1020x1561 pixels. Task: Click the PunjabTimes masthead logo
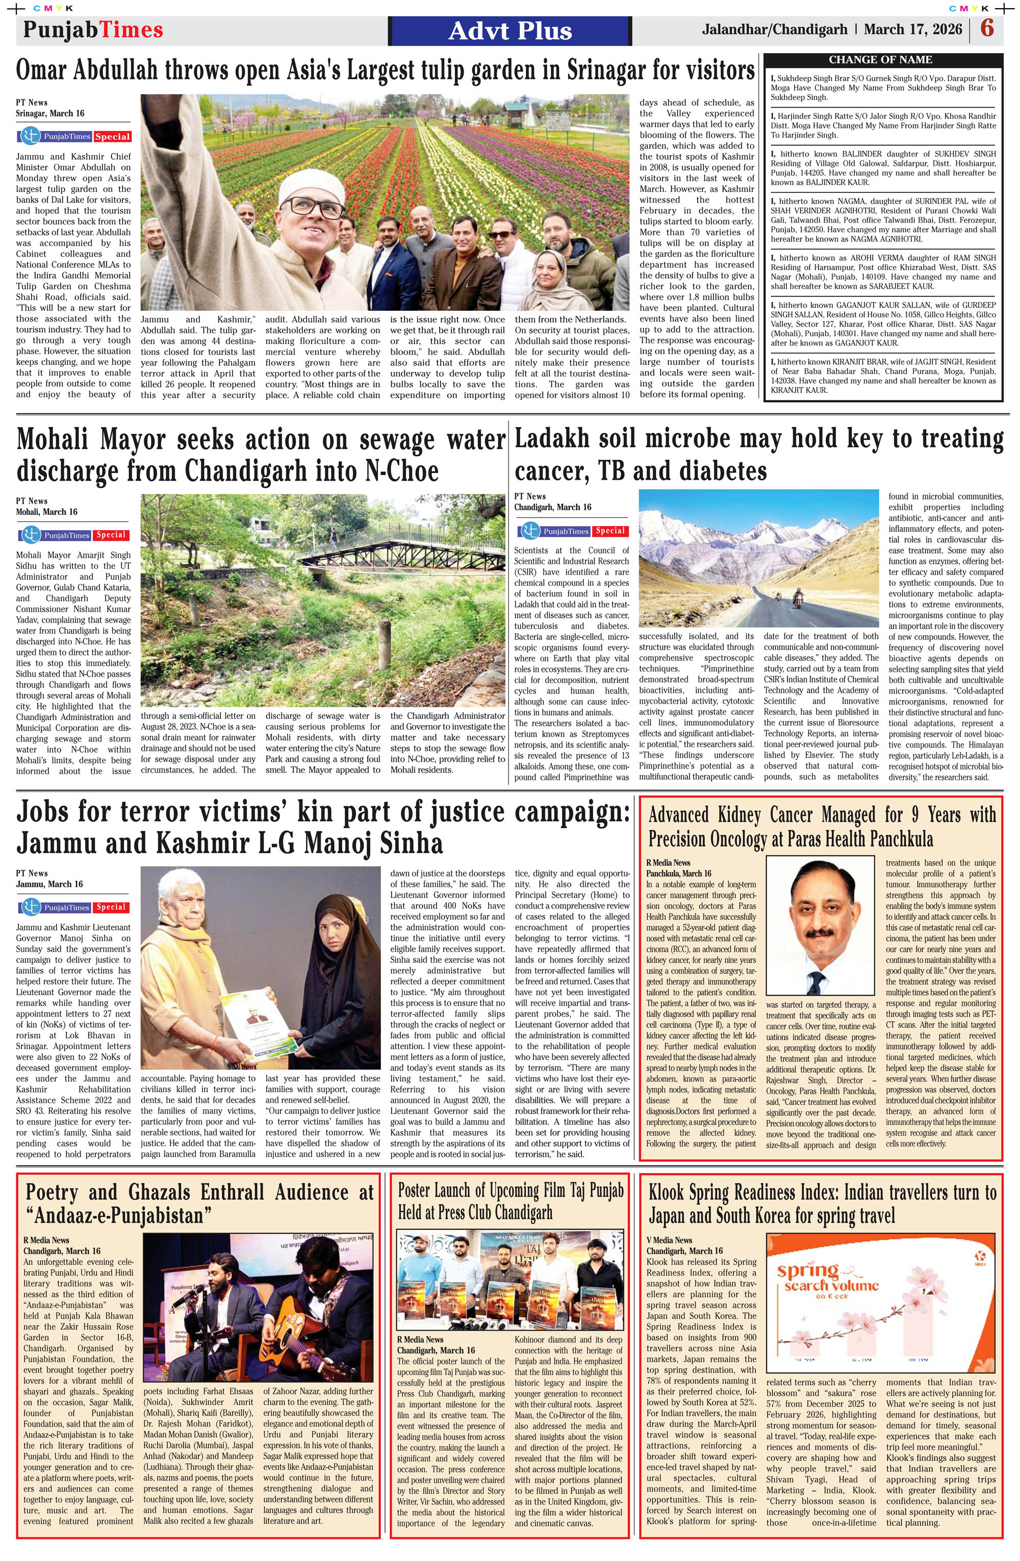(92, 30)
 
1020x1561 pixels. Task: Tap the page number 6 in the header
(988, 30)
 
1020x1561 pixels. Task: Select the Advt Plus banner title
(510, 31)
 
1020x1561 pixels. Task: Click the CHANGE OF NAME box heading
(880, 60)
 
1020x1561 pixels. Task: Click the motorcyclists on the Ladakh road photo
(786, 598)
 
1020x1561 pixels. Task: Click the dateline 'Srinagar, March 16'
(50, 113)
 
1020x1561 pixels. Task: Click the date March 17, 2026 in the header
(912, 30)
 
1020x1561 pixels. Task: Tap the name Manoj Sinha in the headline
(374, 844)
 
